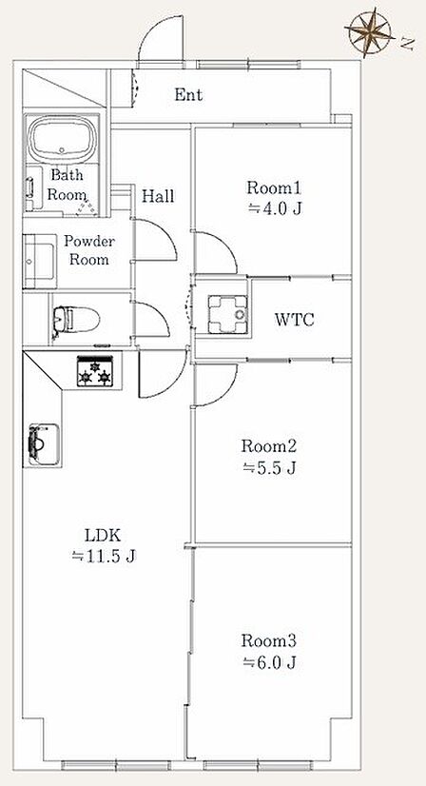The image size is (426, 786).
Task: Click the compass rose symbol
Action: [x=370, y=31]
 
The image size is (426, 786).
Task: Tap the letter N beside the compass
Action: [x=408, y=45]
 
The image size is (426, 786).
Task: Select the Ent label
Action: [x=189, y=94]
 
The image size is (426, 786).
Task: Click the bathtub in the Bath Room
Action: [x=62, y=138]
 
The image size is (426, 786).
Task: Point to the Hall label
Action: [x=158, y=196]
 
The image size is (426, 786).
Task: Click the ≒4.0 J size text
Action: [x=275, y=208]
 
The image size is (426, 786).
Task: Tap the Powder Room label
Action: [x=89, y=250]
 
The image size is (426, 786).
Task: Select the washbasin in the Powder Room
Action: [x=40, y=262]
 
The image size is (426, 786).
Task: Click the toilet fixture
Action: [x=76, y=319]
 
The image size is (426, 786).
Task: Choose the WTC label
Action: [x=294, y=320]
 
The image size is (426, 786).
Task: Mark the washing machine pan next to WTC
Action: [x=228, y=315]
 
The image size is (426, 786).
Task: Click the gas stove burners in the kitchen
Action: [x=94, y=371]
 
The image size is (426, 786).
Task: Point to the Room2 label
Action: [x=269, y=445]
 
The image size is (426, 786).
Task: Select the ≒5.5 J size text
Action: [x=270, y=467]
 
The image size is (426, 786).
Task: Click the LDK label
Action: [x=103, y=535]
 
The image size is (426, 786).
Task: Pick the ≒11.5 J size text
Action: [x=104, y=556]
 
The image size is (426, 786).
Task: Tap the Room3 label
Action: [x=269, y=640]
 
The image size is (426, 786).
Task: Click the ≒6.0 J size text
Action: [x=270, y=662]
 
